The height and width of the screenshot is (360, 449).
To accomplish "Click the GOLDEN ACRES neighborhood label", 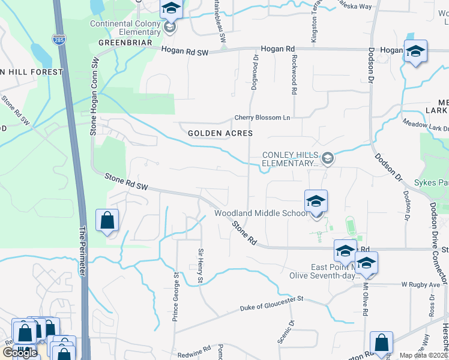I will coord(220,133).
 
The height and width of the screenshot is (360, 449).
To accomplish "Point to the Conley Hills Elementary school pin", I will coord(327,159).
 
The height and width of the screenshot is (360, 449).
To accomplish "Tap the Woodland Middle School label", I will coord(261,214).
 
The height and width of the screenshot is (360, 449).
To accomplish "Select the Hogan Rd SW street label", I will coord(185,53).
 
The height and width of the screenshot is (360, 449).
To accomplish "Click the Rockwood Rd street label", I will coord(294,76).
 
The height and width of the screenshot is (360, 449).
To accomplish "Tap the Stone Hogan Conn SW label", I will coord(94,97).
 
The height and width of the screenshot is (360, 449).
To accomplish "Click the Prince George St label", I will coord(176,298).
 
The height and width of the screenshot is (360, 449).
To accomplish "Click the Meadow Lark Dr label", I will coord(426,127).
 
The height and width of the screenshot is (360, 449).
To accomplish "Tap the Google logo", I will coord(20,352).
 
